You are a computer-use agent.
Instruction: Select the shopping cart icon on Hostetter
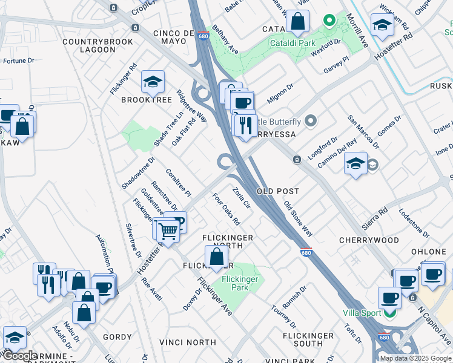point(169,231)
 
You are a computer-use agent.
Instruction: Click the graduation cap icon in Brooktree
point(153,81)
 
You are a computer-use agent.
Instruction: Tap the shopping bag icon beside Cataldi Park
point(298,22)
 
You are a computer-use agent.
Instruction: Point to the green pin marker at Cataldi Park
point(329,21)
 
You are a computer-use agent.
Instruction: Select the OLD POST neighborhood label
point(278,191)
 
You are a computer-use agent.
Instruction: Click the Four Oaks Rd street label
point(226,209)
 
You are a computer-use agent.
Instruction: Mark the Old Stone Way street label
point(298,219)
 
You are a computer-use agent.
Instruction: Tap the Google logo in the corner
point(20,356)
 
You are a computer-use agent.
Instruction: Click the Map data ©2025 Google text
point(415,358)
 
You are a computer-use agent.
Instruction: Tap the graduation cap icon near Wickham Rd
point(382,25)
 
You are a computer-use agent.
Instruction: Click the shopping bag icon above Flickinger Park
point(216,257)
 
